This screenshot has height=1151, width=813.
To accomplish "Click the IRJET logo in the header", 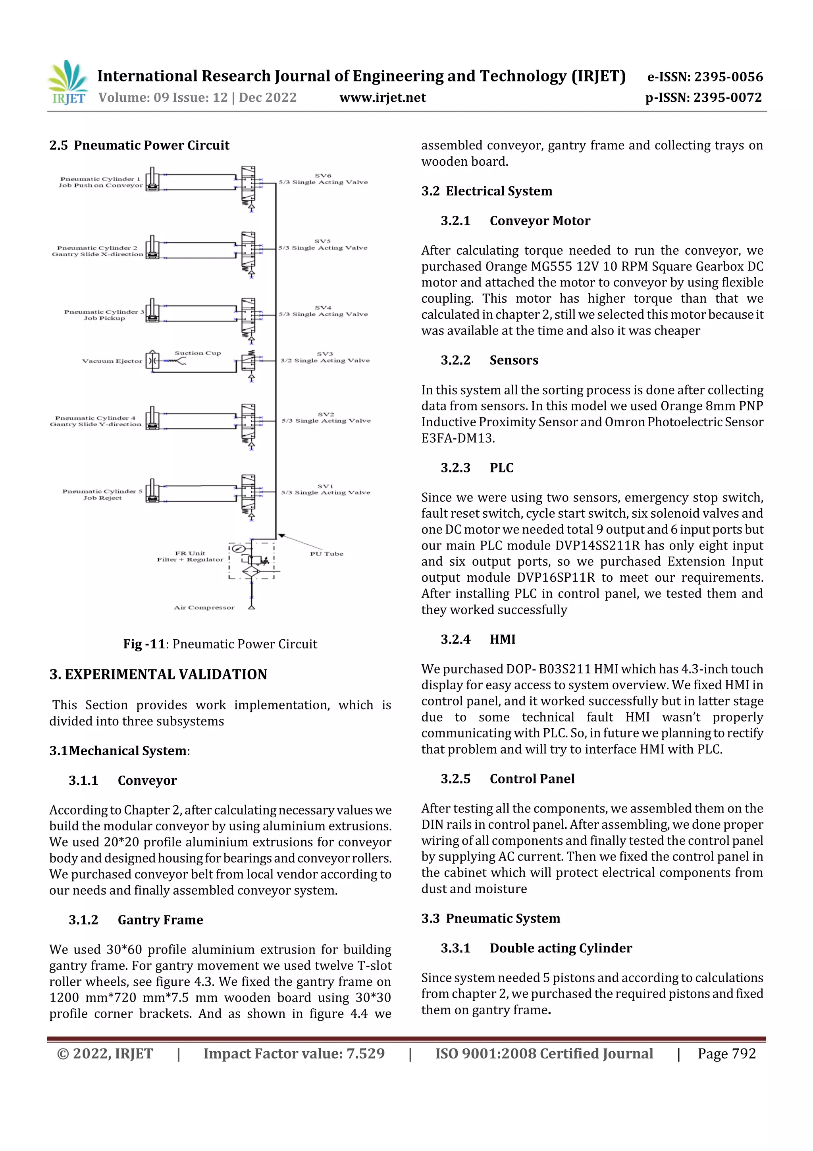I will click(x=69, y=83).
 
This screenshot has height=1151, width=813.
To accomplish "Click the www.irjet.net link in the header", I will click(x=382, y=97).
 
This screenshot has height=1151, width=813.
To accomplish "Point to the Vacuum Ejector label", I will click(x=112, y=361).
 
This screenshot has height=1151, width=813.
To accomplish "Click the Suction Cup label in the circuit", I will click(x=197, y=353).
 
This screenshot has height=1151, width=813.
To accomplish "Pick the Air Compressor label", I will click(x=204, y=607).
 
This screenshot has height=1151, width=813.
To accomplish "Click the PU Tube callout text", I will click(x=326, y=554).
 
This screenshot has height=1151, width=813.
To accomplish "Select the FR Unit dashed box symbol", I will click(x=251, y=561).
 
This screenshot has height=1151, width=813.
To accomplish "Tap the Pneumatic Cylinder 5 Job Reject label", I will click(x=102, y=494).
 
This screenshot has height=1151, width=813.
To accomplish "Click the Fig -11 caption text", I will click(x=220, y=644).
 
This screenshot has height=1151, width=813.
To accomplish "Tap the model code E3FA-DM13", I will click(x=458, y=438).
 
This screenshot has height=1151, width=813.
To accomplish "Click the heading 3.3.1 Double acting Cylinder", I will click(x=536, y=948).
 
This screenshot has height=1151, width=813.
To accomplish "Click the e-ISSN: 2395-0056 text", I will click(x=705, y=77).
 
